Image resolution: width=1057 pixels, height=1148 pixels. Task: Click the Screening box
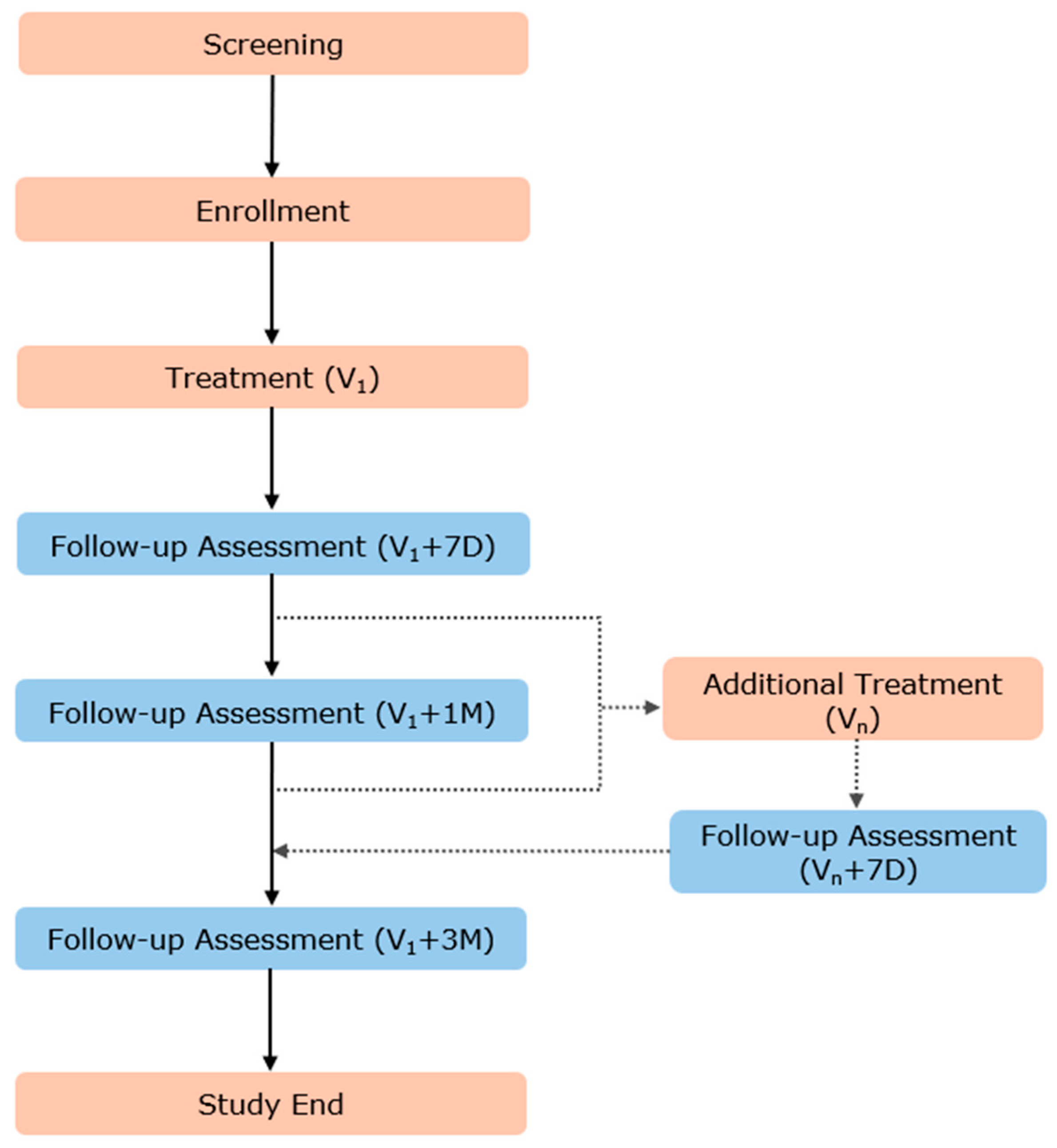point(273,44)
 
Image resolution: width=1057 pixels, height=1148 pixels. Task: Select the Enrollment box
point(273,210)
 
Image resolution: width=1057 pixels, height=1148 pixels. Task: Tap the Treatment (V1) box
point(273,377)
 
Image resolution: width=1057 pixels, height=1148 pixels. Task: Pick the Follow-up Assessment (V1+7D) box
point(273,544)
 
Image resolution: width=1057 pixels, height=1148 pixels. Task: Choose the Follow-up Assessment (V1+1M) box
point(271,711)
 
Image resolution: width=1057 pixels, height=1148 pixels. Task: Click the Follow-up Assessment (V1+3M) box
point(271,939)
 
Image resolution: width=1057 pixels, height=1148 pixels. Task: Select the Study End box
point(271,1104)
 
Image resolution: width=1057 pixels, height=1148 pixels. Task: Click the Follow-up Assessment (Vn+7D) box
point(858,851)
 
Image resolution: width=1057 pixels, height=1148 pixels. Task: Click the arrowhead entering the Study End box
point(270,1063)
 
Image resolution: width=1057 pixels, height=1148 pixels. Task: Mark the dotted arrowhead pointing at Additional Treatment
point(652,708)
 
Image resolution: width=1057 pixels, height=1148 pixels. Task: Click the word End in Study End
point(317,1104)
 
